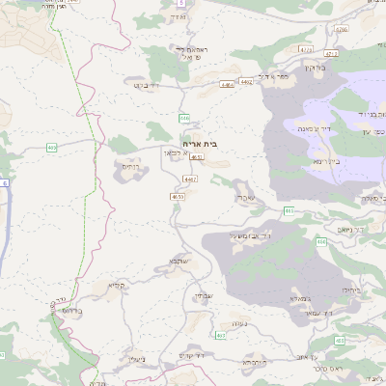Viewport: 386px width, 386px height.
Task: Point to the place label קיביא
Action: click(x=117, y=285)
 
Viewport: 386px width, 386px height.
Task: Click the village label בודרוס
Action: click(x=61, y=312)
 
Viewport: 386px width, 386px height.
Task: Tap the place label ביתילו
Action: click(x=346, y=288)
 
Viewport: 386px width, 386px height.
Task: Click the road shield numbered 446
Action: click(x=183, y=118)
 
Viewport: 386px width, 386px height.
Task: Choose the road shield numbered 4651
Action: click(x=198, y=155)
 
